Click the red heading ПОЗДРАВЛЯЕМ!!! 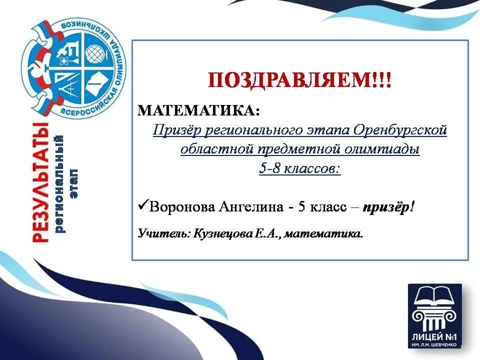point(299,80)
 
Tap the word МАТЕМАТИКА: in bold point(198,110)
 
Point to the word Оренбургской point(400,130)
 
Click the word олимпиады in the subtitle point(382,149)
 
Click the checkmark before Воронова point(143,204)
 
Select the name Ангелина point(251,207)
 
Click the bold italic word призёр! point(388,207)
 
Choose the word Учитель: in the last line point(164,233)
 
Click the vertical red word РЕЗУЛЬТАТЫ point(40,182)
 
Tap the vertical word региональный point(59,184)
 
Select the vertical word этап point(74,183)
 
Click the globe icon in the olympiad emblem point(95,54)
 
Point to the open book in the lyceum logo point(434,295)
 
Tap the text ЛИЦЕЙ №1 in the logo point(434,337)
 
